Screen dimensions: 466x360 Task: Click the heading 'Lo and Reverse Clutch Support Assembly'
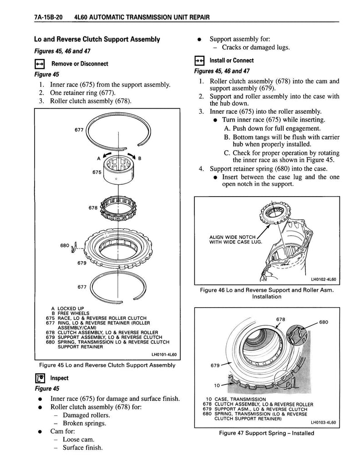coord(97,40)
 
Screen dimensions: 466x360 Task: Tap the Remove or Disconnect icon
coord(40,64)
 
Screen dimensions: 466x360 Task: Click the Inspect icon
coord(40,378)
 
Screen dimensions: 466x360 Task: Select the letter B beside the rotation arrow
coord(140,158)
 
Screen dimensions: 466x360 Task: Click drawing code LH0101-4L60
coord(157,356)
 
